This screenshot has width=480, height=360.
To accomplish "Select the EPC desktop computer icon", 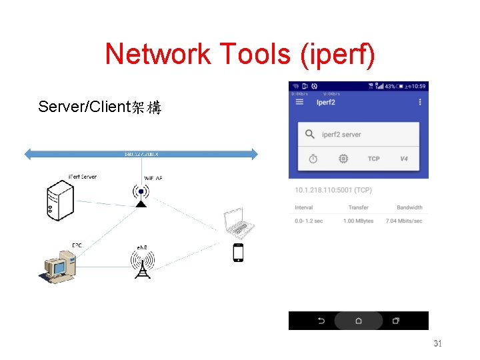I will (x=60, y=267).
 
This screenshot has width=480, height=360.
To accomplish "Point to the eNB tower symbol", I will (x=141, y=264).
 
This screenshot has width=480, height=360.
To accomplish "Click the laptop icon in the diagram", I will (x=237, y=223).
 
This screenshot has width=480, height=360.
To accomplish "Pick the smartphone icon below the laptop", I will (x=238, y=253).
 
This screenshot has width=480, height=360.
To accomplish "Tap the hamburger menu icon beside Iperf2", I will (x=299, y=102).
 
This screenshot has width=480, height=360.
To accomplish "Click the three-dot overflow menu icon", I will (x=420, y=102).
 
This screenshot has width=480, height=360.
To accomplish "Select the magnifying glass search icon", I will (x=309, y=135).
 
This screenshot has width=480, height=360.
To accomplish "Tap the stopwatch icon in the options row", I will (x=313, y=159).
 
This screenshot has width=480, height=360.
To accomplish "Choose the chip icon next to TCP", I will (x=343, y=159).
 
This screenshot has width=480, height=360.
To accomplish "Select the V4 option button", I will (x=404, y=159).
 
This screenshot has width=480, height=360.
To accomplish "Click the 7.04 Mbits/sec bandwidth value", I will (x=404, y=221).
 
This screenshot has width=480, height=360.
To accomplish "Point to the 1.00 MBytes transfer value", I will (x=359, y=221).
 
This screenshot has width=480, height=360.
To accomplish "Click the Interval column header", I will (x=303, y=207).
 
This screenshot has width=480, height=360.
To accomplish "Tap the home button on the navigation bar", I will (x=358, y=321).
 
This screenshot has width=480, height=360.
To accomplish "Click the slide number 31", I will (x=438, y=344).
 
